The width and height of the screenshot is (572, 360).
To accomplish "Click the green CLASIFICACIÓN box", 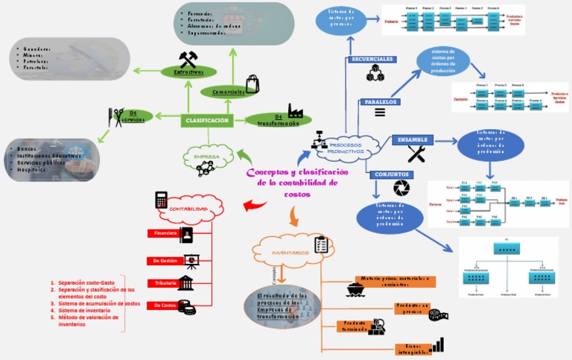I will (207, 120).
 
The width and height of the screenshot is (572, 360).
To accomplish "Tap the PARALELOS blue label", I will (380, 101).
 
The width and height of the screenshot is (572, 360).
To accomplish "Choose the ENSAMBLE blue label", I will (412, 139).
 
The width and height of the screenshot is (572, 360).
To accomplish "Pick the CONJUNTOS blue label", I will (392, 174).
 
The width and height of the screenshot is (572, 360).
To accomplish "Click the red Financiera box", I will (163, 234).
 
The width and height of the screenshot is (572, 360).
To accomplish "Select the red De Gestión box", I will (165, 261).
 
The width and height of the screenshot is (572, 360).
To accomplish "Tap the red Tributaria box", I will (163, 283).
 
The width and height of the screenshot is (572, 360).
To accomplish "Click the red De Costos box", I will (163, 306).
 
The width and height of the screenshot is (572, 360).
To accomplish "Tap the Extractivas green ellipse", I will (188, 72).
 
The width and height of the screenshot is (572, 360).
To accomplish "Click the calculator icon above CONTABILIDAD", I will (161, 200).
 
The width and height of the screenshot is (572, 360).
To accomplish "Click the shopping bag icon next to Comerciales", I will (252, 83).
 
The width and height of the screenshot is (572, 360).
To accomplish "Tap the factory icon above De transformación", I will (295, 111).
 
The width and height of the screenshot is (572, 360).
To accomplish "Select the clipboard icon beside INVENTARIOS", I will (322, 244).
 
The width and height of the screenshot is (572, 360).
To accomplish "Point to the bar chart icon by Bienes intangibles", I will (436, 344).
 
